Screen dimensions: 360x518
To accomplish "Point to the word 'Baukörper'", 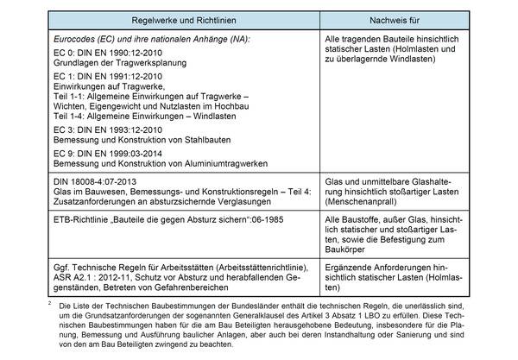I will point(347,249).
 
